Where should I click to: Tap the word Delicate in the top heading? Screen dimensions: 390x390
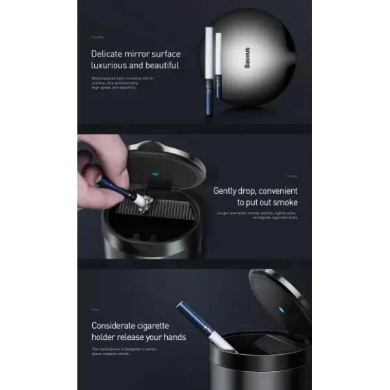pos(109,54)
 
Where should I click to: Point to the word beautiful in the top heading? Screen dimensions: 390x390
pos(159,66)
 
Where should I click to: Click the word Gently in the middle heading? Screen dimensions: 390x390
pos(229,191)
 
